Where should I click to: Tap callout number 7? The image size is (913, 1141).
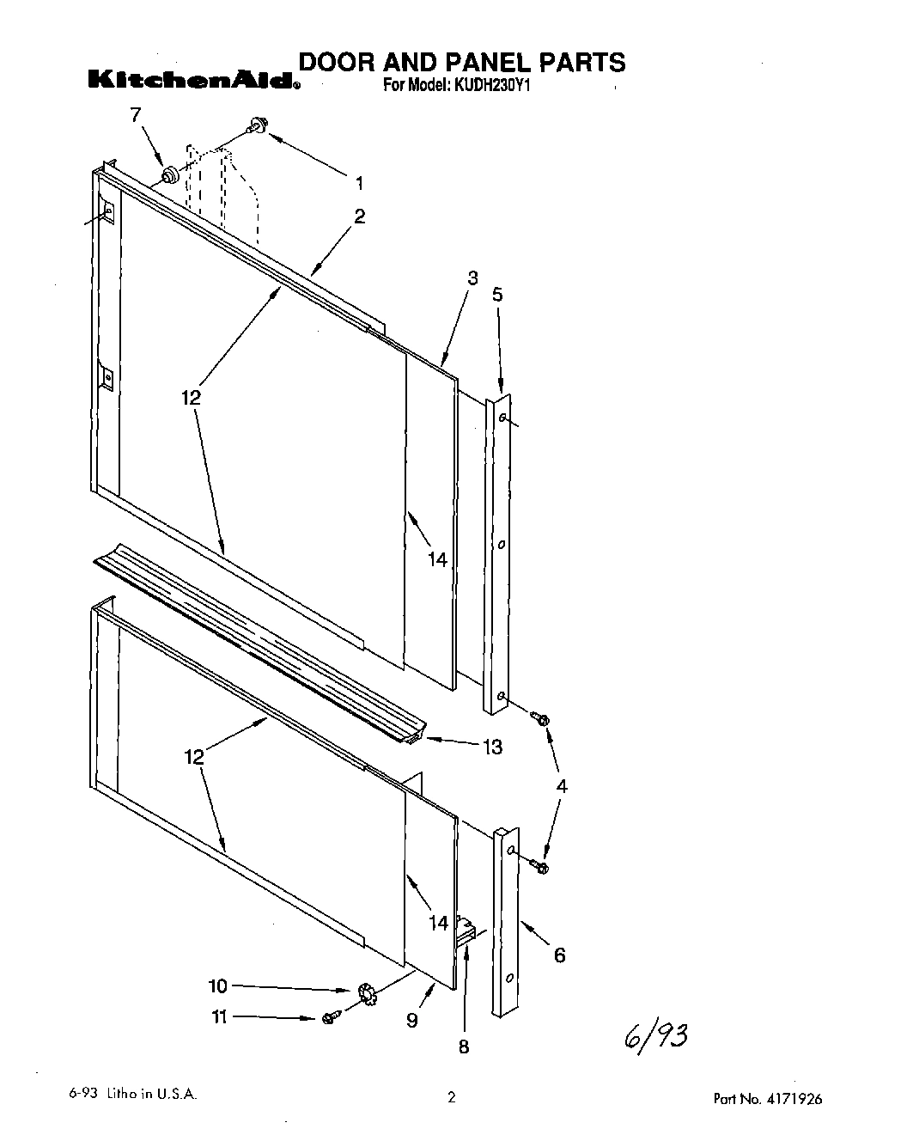(x=134, y=114)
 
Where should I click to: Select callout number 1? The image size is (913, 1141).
(x=359, y=182)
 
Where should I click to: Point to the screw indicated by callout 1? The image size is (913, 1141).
(x=257, y=127)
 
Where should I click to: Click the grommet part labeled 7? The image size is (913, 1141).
(x=170, y=174)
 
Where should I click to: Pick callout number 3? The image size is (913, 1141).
(x=472, y=278)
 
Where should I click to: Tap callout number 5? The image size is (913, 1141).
(x=497, y=295)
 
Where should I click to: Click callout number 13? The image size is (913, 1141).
(x=492, y=747)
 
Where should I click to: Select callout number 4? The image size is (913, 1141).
(x=562, y=785)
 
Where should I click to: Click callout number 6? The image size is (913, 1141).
(x=559, y=955)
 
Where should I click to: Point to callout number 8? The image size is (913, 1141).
(x=464, y=1046)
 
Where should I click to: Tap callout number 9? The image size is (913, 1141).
(x=412, y=1020)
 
